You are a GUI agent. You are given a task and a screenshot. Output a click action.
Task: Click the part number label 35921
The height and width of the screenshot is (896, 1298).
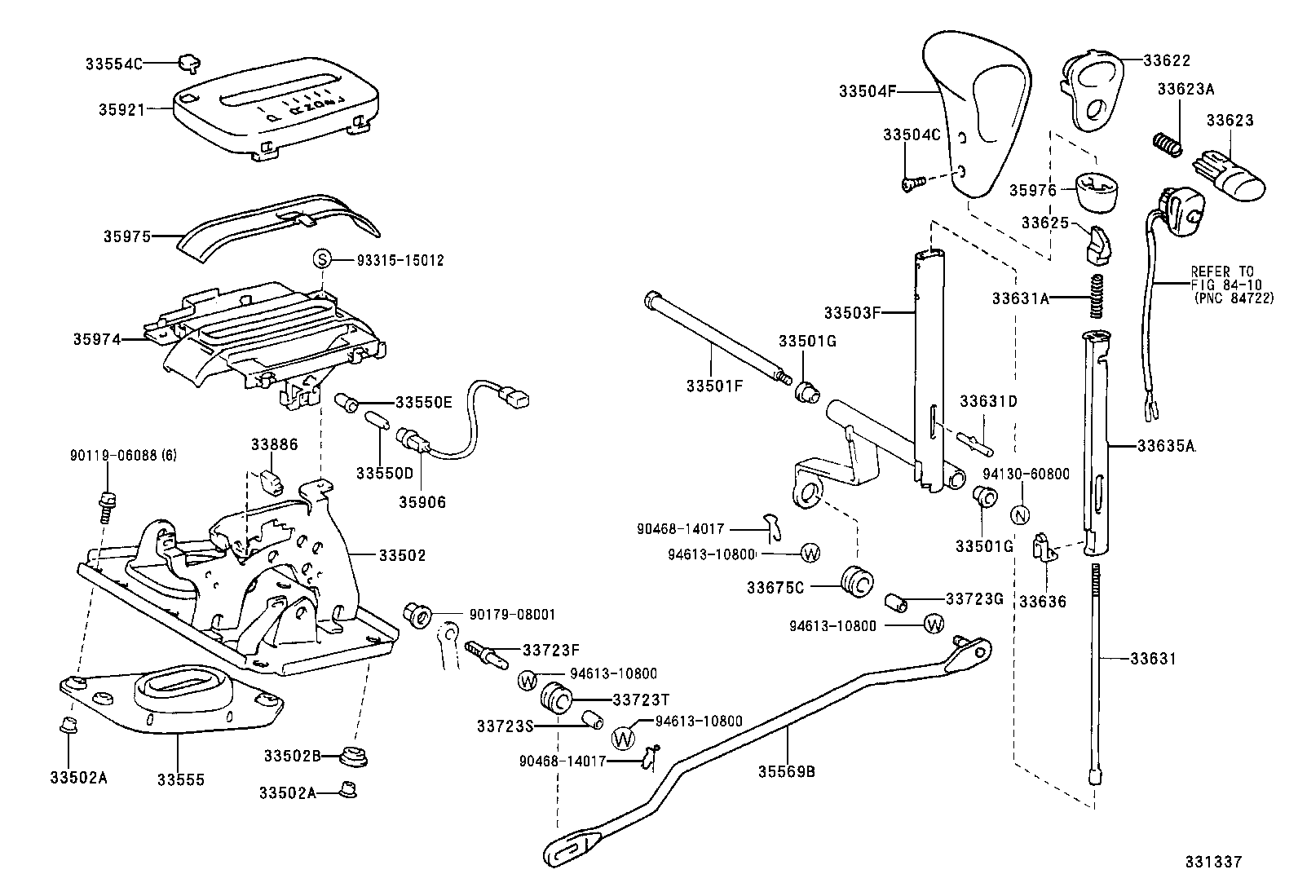[x=119, y=108]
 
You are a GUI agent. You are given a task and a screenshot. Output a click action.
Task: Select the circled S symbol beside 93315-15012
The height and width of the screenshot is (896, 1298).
[x=322, y=260]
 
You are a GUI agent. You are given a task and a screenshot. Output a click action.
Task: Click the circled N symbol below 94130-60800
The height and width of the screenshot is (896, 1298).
[x=1019, y=515]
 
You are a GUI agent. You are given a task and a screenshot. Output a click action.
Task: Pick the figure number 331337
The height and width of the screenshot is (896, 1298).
[x=1213, y=862]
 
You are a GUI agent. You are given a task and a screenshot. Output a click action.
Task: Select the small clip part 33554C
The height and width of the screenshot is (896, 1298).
[x=189, y=62]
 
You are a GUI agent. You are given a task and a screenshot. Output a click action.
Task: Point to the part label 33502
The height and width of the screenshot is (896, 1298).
[x=402, y=555]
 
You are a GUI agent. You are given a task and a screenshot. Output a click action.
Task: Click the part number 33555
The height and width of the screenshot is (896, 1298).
[x=181, y=779]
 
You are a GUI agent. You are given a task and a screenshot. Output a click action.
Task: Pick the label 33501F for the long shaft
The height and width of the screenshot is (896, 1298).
[x=714, y=386]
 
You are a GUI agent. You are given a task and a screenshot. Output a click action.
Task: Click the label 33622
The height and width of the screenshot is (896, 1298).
[x=1167, y=60]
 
